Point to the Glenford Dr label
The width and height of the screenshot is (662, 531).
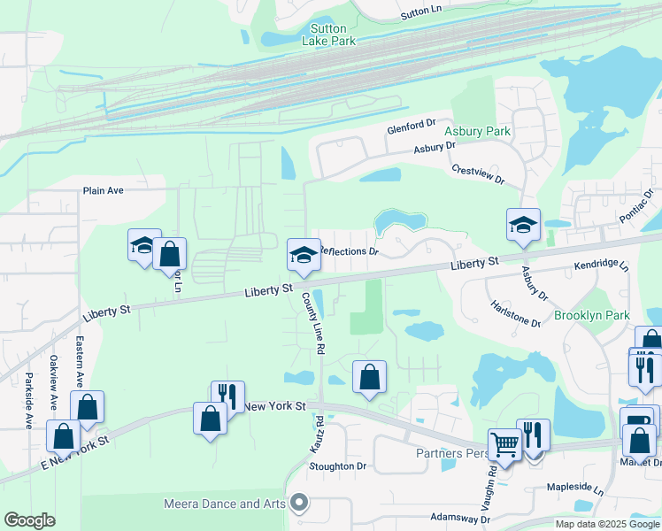412,128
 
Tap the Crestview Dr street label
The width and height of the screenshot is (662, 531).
477,174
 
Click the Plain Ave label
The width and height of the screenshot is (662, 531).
104,190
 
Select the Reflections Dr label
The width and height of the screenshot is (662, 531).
349,251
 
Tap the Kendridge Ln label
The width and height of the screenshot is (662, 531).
601,265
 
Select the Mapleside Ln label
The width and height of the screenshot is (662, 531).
574,489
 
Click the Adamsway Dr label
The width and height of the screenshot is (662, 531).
459,519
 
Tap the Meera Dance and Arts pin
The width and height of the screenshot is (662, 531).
299,504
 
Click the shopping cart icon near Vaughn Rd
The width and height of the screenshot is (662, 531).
505,445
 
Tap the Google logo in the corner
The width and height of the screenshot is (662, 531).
29,520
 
